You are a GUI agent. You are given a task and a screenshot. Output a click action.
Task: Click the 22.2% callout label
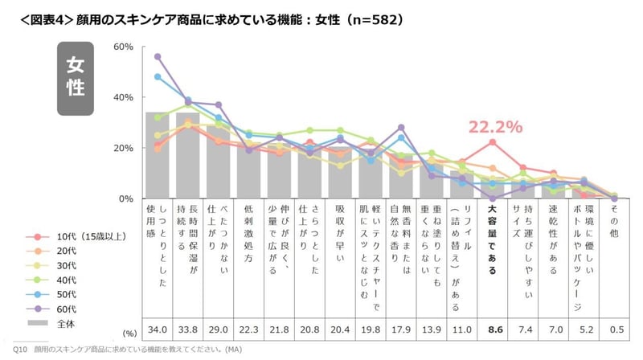click(496, 127)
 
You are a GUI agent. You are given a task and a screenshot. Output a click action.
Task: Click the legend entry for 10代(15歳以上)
click(84, 237)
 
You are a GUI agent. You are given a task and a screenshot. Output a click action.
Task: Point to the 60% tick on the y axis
click(122, 47)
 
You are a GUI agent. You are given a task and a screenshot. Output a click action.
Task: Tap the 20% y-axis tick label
click(122, 148)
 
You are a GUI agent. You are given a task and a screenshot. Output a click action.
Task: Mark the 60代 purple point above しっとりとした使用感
click(158, 56)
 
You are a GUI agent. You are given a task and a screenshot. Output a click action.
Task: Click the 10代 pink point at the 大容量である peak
click(492, 142)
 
